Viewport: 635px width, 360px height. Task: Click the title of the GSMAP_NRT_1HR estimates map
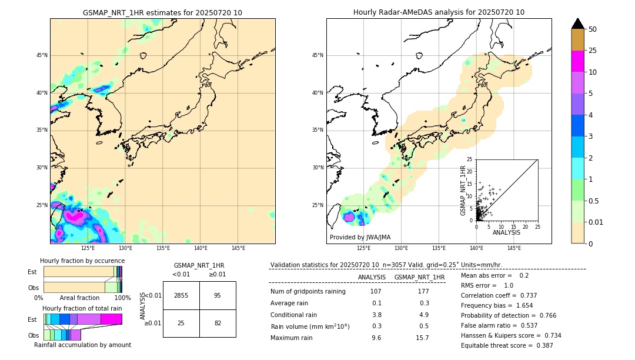click(162, 13)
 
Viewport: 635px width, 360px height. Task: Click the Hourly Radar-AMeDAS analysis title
click(439, 12)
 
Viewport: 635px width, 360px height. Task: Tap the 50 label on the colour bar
click(593, 29)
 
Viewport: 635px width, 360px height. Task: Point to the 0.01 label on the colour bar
click(596, 222)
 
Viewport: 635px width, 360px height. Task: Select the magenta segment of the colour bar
click(578, 61)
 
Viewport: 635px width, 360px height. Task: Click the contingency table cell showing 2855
click(181, 295)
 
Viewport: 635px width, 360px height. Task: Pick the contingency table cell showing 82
click(218, 323)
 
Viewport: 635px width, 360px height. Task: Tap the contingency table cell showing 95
click(218, 295)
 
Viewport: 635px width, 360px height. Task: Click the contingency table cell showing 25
click(181, 323)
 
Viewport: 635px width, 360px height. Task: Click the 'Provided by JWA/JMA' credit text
click(360, 238)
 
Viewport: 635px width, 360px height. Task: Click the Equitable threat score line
click(507, 345)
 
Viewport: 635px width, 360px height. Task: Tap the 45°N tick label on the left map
click(42, 55)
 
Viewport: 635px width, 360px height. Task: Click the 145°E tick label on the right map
click(514, 248)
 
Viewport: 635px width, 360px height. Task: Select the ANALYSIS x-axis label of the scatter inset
click(506, 233)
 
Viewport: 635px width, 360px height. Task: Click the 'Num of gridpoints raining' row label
click(308, 292)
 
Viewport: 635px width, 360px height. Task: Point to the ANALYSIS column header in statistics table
click(372, 278)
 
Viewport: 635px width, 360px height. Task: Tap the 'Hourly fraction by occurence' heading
click(82, 261)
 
